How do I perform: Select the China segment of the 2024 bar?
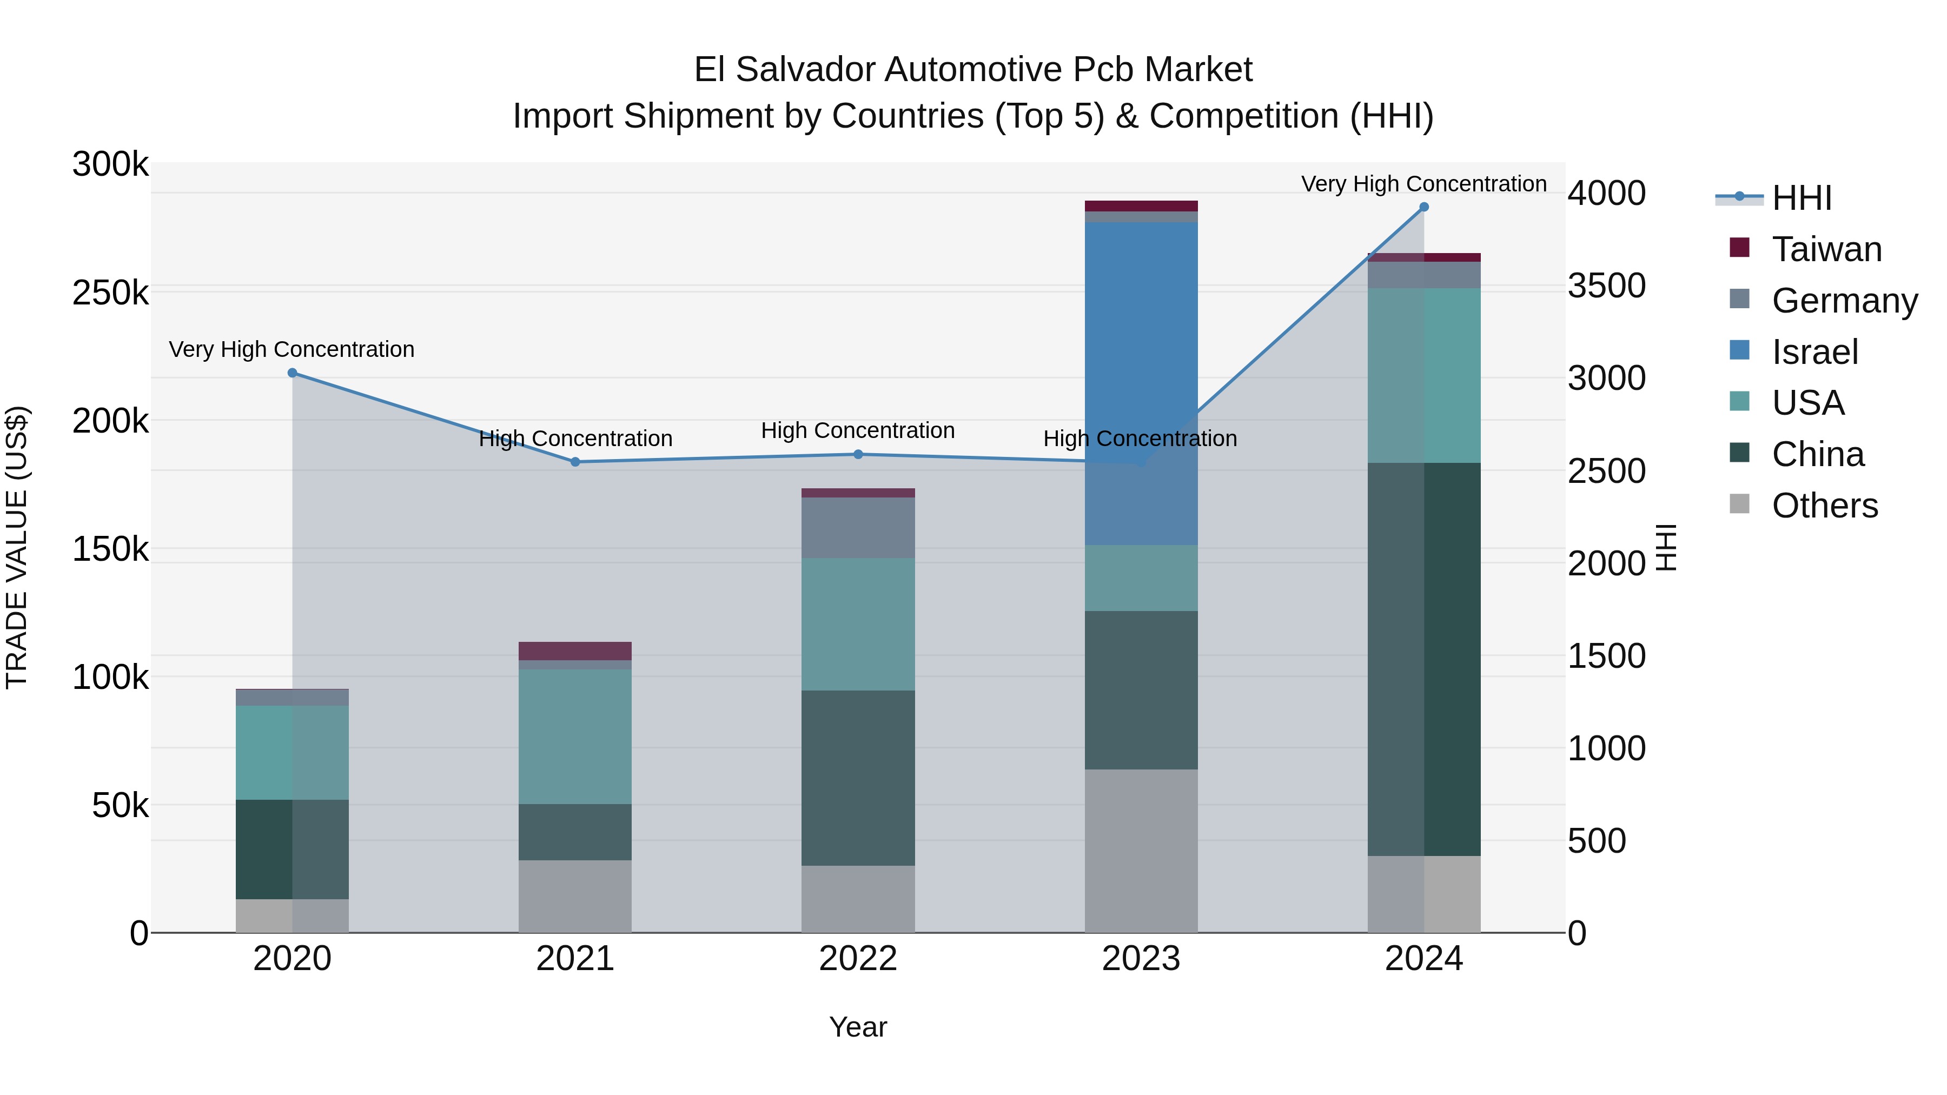point(1424,658)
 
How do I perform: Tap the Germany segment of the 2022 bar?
point(858,527)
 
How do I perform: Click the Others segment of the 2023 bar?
point(1141,850)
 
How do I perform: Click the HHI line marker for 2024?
point(1424,207)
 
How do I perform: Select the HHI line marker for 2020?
point(293,373)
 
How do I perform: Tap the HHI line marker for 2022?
point(858,454)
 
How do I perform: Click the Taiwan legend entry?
point(1825,249)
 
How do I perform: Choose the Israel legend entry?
point(1814,352)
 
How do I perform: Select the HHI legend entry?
point(1801,198)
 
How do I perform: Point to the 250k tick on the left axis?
point(110,293)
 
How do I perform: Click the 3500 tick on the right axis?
point(1606,286)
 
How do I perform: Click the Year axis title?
point(858,1027)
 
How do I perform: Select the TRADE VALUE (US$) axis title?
point(17,547)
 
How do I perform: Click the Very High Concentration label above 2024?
point(1423,184)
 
